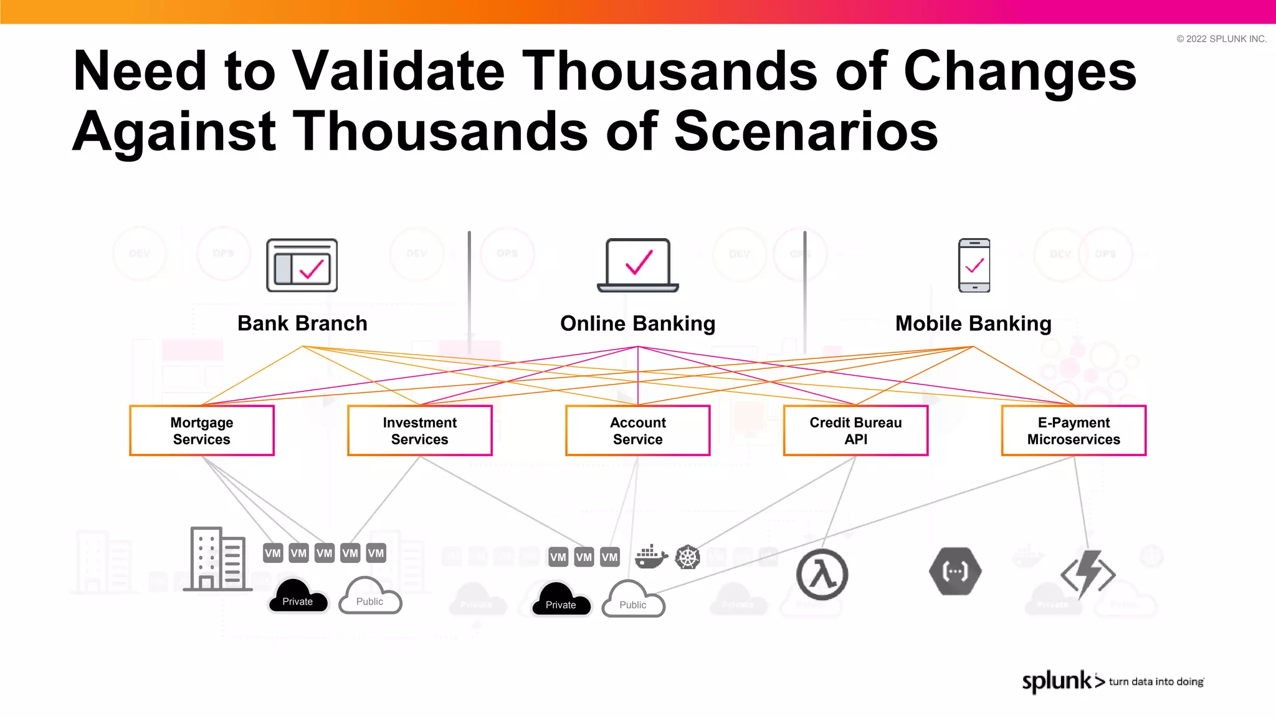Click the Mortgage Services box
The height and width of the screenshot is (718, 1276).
point(202,431)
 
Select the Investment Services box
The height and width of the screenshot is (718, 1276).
point(420,431)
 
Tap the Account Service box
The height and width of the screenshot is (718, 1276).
point(638,431)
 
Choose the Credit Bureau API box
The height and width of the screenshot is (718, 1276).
point(855,431)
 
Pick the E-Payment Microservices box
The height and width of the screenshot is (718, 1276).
point(1074,431)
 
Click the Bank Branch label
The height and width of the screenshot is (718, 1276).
point(302,323)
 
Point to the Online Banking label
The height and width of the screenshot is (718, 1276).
point(637,323)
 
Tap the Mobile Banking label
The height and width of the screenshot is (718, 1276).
point(973,323)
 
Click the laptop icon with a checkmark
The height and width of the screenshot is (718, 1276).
point(638,265)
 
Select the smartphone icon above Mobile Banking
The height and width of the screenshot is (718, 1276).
point(974,265)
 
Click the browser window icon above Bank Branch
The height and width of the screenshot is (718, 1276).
point(302,265)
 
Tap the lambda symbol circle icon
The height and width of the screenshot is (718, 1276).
point(822,574)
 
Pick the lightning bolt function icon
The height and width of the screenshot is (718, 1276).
point(1088,574)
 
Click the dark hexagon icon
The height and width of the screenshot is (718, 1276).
point(955,571)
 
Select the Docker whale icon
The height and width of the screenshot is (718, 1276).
point(650,557)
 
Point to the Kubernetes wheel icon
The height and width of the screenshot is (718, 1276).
point(688,557)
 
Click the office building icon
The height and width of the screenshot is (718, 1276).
point(217,558)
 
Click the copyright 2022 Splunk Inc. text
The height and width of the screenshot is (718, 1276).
point(1221,39)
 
